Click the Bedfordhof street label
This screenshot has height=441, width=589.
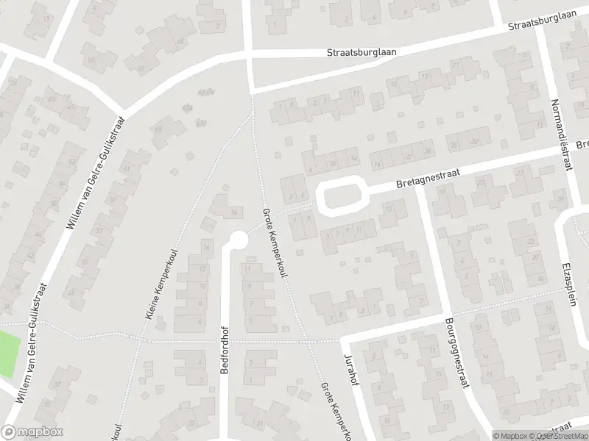point(225,351)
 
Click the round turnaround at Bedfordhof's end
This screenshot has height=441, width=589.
point(238,240)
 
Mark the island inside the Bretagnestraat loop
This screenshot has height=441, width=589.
point(342,196)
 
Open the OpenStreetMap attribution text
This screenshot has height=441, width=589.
point(561,436)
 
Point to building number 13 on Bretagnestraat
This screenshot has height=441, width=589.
point(389,209)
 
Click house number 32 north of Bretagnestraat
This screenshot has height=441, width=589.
point(473,140)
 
